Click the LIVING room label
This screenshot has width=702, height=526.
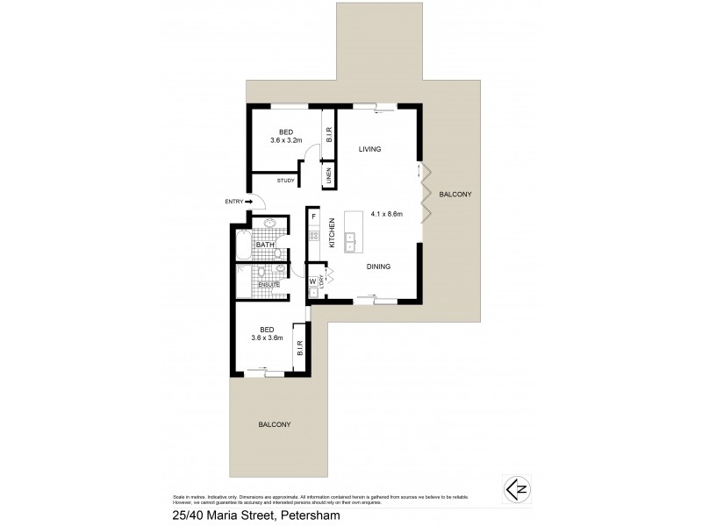coord(369,150)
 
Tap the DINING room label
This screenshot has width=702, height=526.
coord(377,267)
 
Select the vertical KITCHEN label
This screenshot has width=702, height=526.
coord(333,233)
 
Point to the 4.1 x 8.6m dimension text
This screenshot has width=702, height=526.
coord(386,213)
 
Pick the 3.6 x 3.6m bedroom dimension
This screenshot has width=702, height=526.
coord(267,338)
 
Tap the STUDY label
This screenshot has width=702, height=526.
coord(285,181)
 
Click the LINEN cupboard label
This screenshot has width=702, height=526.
coord(328,176)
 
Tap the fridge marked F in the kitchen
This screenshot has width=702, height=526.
coord(313,216)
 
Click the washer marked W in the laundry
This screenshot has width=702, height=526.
coord(312,281)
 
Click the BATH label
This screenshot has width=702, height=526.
coord(265,245)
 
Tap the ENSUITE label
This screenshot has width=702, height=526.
coord(269,284)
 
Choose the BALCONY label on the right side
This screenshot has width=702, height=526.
coord(455,195)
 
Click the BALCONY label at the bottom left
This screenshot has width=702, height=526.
coord(274,424)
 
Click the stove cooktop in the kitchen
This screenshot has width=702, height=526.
coord(312,236)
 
